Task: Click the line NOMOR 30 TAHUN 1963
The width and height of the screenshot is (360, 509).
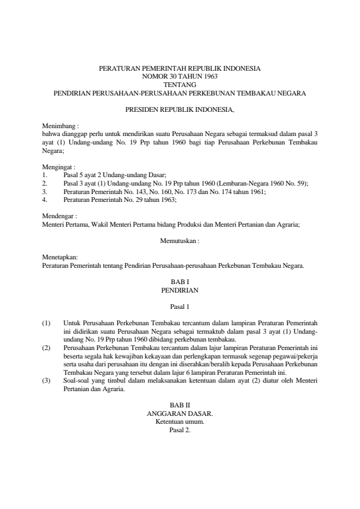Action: click(180, 77)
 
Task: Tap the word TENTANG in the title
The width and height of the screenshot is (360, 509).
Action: click(180, 85)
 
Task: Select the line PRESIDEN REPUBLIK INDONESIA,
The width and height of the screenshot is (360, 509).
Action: click(180, 111)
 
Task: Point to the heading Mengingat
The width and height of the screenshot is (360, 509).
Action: click(57, 166)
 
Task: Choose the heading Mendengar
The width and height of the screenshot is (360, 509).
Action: click(59, 215)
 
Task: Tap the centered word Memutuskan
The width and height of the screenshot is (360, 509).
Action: click(180, 240)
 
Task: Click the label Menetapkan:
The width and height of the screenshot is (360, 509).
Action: click(60, 257)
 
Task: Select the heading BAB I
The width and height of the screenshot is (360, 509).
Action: click(180, 282)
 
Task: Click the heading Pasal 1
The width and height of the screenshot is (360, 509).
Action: click(180, 306)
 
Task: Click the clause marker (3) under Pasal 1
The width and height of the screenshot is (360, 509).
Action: click(47, 381)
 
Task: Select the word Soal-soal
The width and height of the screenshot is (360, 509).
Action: click(77, 381)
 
